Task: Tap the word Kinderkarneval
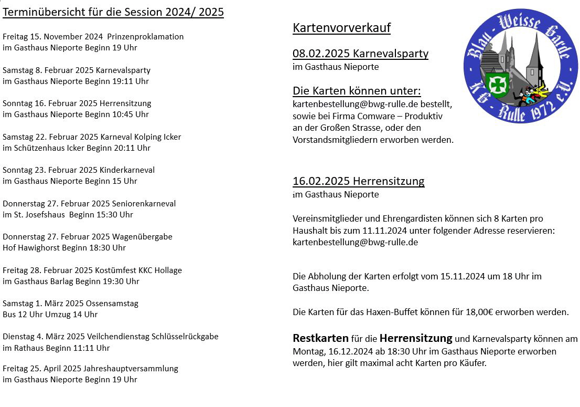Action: click(127, 170)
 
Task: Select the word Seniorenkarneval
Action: click(144, 203)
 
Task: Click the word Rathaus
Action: click(27, 348)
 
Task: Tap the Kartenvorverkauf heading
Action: click(341, 28)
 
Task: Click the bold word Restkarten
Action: click(320, 338)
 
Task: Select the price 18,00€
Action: click(482, 312)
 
